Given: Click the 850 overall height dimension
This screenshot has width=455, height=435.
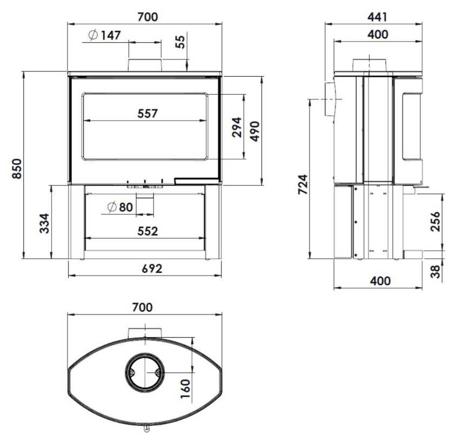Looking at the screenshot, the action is (17, 169).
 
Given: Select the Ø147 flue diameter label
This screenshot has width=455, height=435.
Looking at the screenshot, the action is (104, 36).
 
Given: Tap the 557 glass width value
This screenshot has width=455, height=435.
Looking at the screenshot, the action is (148, 113).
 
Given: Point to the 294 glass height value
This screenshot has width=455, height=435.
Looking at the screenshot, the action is (237, 127).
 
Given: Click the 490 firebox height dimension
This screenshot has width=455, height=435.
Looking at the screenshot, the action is (255, 131).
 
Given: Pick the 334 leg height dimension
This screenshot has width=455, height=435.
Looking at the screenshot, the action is (45, 223).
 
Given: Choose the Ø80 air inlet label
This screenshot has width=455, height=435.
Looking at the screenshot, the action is (120, 207).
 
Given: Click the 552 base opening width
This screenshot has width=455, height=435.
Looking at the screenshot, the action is (148, 231).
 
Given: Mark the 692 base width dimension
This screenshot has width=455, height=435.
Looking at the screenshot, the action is (152, 269).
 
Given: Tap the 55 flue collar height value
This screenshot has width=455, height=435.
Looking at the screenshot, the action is (180, 42).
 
